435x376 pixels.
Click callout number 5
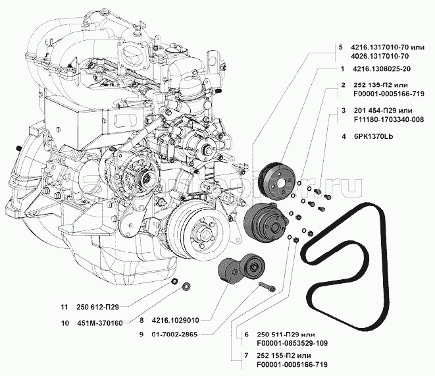(x=340, y=47)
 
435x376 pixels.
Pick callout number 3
(x=344, y=109)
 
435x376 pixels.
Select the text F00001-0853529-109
(x=285, y=343)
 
